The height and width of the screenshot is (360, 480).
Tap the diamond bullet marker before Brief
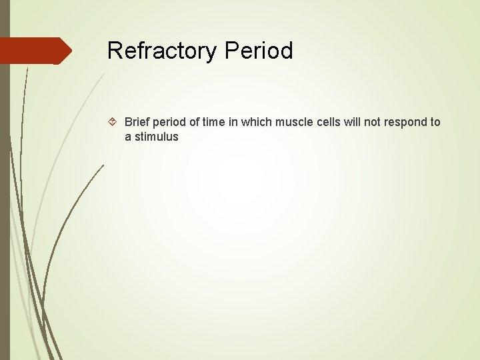[x=113, y=123]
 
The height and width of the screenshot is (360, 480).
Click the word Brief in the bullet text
[x=137, y=122]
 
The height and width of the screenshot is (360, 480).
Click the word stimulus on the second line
[x=157, y=137]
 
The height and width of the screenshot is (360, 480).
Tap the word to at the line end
[x=435, y=122]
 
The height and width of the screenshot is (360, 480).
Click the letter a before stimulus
[x=128, y=137]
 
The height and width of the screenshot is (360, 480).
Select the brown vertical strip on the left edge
[x=5, y=200]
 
